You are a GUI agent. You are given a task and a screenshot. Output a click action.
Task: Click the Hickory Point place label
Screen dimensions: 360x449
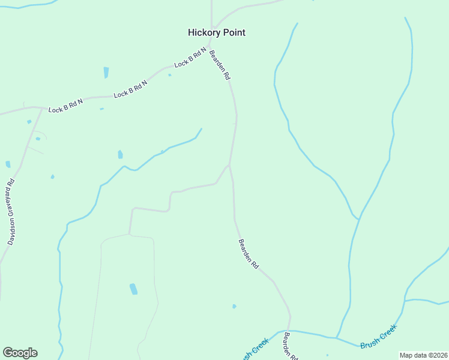pos(217,32)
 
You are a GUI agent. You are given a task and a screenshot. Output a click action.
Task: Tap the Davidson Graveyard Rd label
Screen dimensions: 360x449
pos(11,212)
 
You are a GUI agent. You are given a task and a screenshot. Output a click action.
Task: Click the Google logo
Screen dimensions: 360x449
pos(20,353)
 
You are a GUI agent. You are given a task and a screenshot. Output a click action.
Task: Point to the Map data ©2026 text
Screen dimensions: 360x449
pos(423,355)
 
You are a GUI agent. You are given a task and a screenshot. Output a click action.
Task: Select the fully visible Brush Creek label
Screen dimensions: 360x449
pos(379,337)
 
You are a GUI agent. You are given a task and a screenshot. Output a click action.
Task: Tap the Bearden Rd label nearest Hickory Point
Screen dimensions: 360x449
pos(220,65)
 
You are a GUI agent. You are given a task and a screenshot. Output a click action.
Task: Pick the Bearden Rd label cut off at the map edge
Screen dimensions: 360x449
pos(291,345)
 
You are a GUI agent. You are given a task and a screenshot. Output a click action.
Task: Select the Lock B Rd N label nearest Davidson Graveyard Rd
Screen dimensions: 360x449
pos(65,106)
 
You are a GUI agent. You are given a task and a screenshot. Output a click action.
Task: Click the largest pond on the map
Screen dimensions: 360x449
pos(133,289)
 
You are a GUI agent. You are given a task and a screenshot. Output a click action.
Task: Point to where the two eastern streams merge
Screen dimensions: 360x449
pos(359,220)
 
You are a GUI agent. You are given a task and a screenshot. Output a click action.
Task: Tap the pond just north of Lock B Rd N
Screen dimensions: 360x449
pos(106,73)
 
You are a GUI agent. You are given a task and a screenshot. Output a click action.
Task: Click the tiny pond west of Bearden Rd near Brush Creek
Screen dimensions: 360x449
pos(234,306)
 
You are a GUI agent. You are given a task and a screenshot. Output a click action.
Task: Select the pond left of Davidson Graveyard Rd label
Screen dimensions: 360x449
pos(8,164)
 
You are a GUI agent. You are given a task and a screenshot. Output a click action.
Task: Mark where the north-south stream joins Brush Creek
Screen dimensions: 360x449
pos(336,338)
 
